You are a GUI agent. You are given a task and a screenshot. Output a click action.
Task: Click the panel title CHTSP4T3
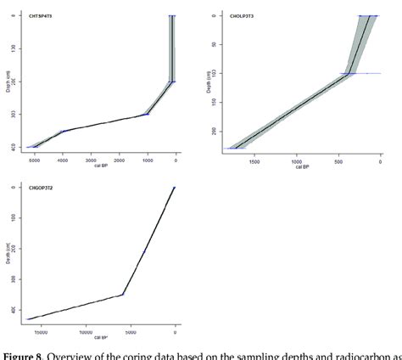40,14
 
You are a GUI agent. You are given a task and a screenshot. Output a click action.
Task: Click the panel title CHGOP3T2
40,185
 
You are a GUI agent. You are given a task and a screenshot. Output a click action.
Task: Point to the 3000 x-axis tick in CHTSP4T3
91,159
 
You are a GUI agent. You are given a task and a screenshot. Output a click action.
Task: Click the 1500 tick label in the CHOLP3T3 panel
253,159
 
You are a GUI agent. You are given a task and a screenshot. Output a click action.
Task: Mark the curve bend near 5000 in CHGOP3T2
124,294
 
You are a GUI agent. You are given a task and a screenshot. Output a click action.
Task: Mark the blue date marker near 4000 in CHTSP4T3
64,132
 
